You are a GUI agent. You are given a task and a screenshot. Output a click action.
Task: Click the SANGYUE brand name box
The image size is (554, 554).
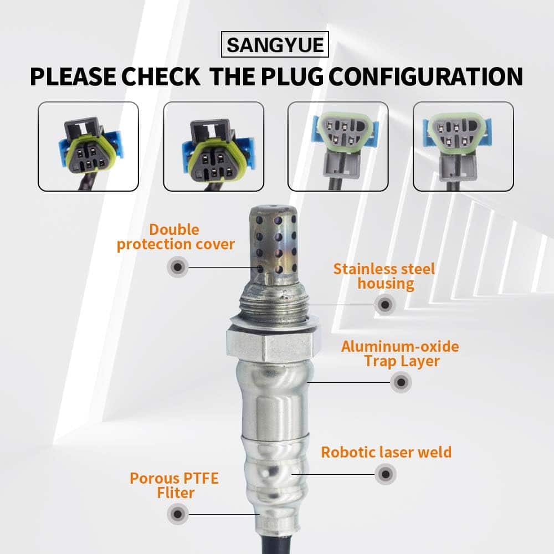[275, 44]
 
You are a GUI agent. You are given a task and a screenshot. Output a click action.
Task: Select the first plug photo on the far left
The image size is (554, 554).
[88, 147]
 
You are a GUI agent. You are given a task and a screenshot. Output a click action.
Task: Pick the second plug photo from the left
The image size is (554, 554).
[213, 147]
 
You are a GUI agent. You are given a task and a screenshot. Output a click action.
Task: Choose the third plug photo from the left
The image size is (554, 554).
[338, 147]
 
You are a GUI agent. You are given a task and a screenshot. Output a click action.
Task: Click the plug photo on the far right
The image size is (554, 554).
[463, 147]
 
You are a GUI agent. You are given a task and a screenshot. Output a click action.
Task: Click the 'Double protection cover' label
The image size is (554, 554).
[176, 237]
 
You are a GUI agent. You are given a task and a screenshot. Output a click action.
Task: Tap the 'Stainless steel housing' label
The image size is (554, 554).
[384, 276]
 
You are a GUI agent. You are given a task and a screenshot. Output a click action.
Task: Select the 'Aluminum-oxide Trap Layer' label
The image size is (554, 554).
[400, 354]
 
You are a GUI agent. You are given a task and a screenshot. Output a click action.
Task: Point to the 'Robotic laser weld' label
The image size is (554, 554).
[386, 452]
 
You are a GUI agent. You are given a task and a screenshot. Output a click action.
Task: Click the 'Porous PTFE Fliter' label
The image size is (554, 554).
[175, 485]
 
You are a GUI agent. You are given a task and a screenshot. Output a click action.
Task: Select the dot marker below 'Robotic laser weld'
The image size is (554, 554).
[386, 474]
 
